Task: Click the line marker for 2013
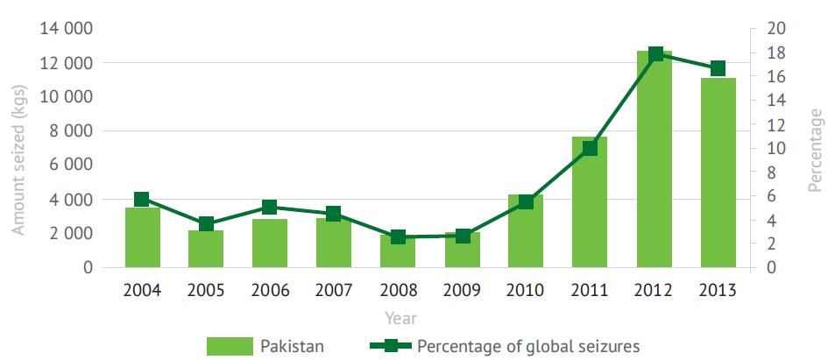tap(718, 68)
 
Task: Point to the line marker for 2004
tap(143, 200)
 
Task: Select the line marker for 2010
tap(526, 202)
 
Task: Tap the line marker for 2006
tap(270, 208)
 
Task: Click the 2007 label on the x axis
tap(334, 290)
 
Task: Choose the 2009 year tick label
tap(462, 290)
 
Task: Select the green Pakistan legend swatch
tap(227, 345)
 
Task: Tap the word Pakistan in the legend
tap(293, 345)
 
